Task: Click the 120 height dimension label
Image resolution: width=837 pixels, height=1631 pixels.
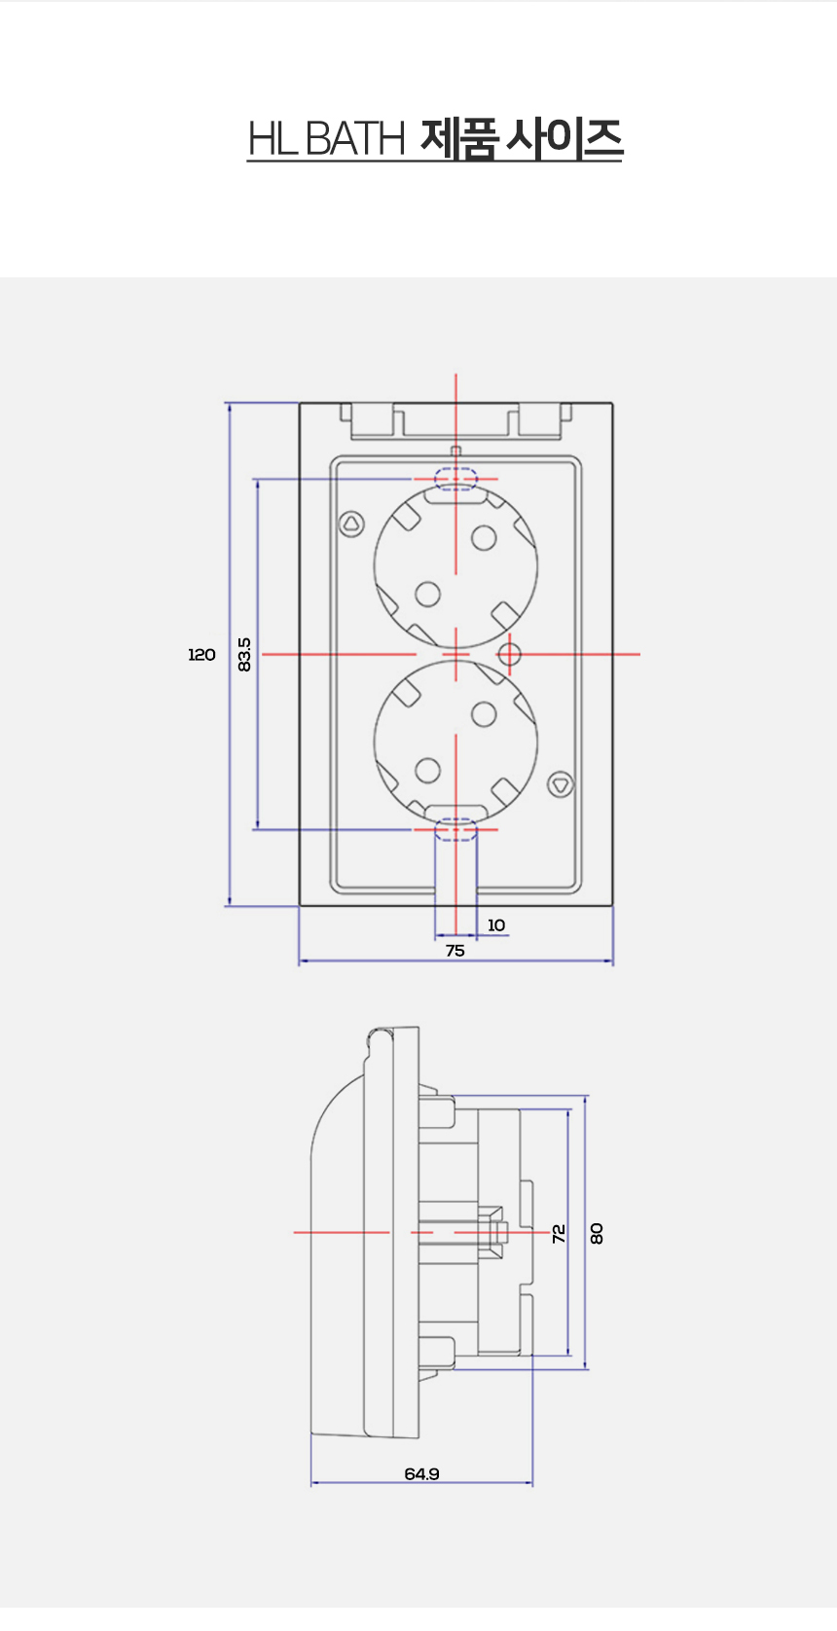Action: click(201, 655)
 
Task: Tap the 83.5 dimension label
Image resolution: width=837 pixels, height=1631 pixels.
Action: click(244, 655)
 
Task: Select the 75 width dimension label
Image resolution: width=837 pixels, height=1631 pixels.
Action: click(455, 950)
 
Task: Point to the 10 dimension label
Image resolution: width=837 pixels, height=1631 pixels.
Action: click(496, 924)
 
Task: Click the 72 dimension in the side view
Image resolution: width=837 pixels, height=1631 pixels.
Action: click(559, 1233)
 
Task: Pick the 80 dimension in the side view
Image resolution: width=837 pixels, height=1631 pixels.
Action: click(597, 1233)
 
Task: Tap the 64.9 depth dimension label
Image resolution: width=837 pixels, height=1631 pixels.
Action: click(421, 1473)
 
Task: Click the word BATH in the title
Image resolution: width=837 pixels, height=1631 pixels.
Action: click(355, 138)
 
